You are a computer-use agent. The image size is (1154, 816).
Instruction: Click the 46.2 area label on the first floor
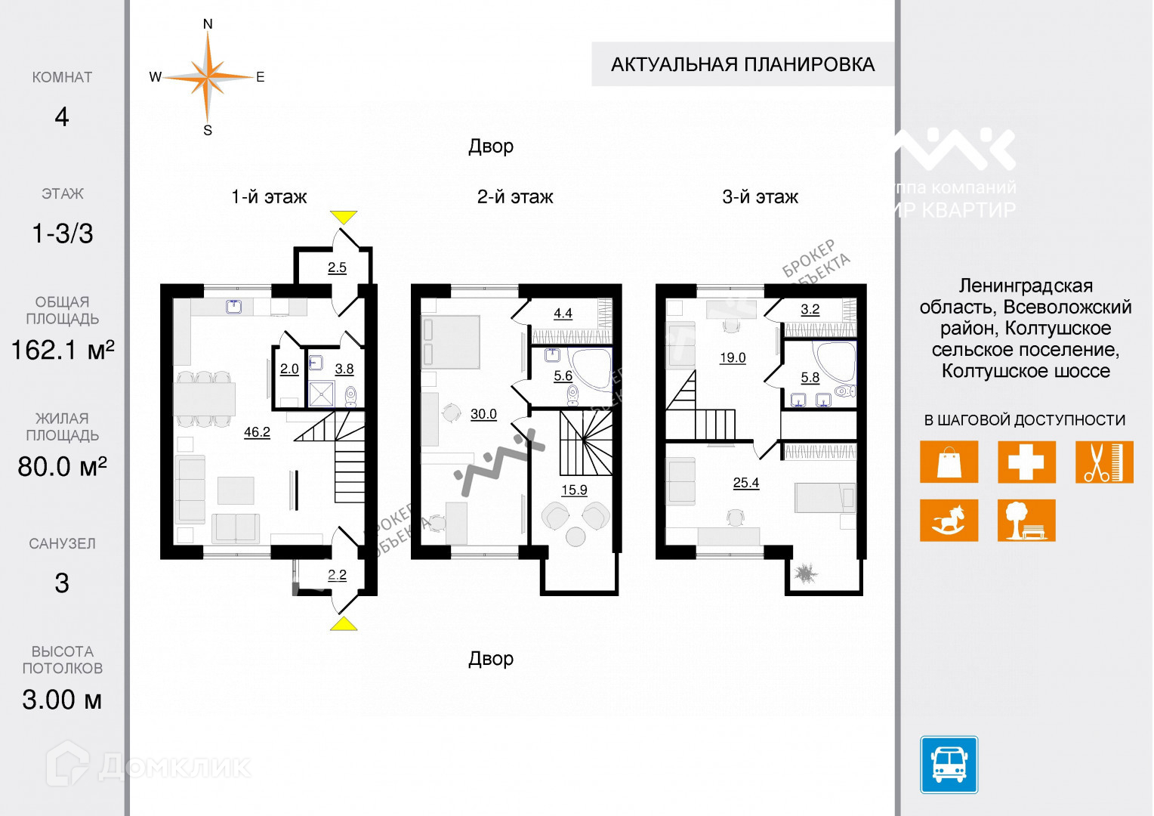(x=257, y=432)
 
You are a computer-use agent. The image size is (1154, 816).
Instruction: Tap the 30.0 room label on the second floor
(x=483, y=414)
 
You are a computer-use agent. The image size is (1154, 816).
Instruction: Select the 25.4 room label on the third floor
(x=745, y=483)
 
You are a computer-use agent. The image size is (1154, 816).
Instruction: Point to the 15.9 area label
(x=574, y=490)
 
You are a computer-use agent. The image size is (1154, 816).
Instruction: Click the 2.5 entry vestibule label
(x=337, y=267)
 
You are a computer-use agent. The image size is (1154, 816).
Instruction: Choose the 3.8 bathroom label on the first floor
(x=344, y=369)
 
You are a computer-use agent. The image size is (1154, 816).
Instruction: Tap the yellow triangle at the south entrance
(x=344, y=623)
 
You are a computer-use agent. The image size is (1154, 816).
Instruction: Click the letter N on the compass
(x=208, y=24)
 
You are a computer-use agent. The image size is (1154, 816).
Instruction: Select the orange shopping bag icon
(x=949, y=461)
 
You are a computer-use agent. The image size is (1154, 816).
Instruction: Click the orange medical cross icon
(x=1026, y=461)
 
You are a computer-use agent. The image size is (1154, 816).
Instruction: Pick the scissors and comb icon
(x=1104, y=461)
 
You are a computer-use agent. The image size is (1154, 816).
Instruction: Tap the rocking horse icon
(x=949, y=520)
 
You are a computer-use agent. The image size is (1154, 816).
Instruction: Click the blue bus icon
(x=949, y=765)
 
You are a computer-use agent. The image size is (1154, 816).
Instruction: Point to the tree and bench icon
(x=1026, y=520)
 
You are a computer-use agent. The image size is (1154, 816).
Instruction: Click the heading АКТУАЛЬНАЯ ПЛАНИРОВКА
(x=742, y=64)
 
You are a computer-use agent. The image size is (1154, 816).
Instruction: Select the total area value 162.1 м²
(x=62, y=350)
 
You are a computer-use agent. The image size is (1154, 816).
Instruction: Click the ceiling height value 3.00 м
(x=62, y=700)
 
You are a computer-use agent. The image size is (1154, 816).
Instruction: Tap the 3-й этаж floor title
(x=760, y=197)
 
